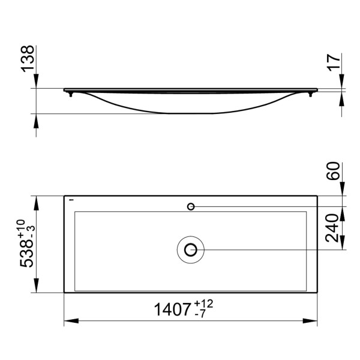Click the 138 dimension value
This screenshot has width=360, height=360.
28,59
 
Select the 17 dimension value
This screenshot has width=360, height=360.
335,62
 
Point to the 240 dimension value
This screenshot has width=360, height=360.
335,227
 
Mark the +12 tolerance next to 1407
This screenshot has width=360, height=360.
204,304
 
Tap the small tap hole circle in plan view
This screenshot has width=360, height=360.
191,206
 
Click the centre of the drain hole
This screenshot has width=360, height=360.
191,249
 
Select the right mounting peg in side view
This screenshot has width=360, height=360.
310,94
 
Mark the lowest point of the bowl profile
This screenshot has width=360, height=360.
191,113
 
